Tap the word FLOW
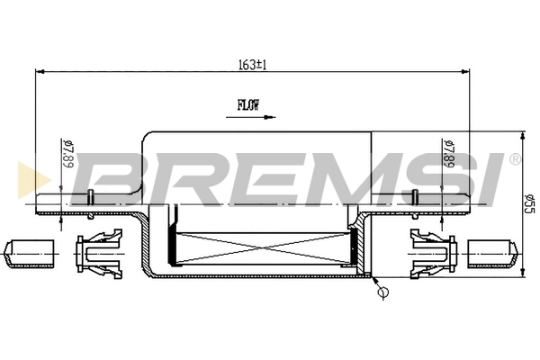[248, 104]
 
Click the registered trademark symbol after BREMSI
[514, 159]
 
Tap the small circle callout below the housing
[383, 292]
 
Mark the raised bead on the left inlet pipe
[91, 198]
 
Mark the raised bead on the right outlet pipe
[415, 198]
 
